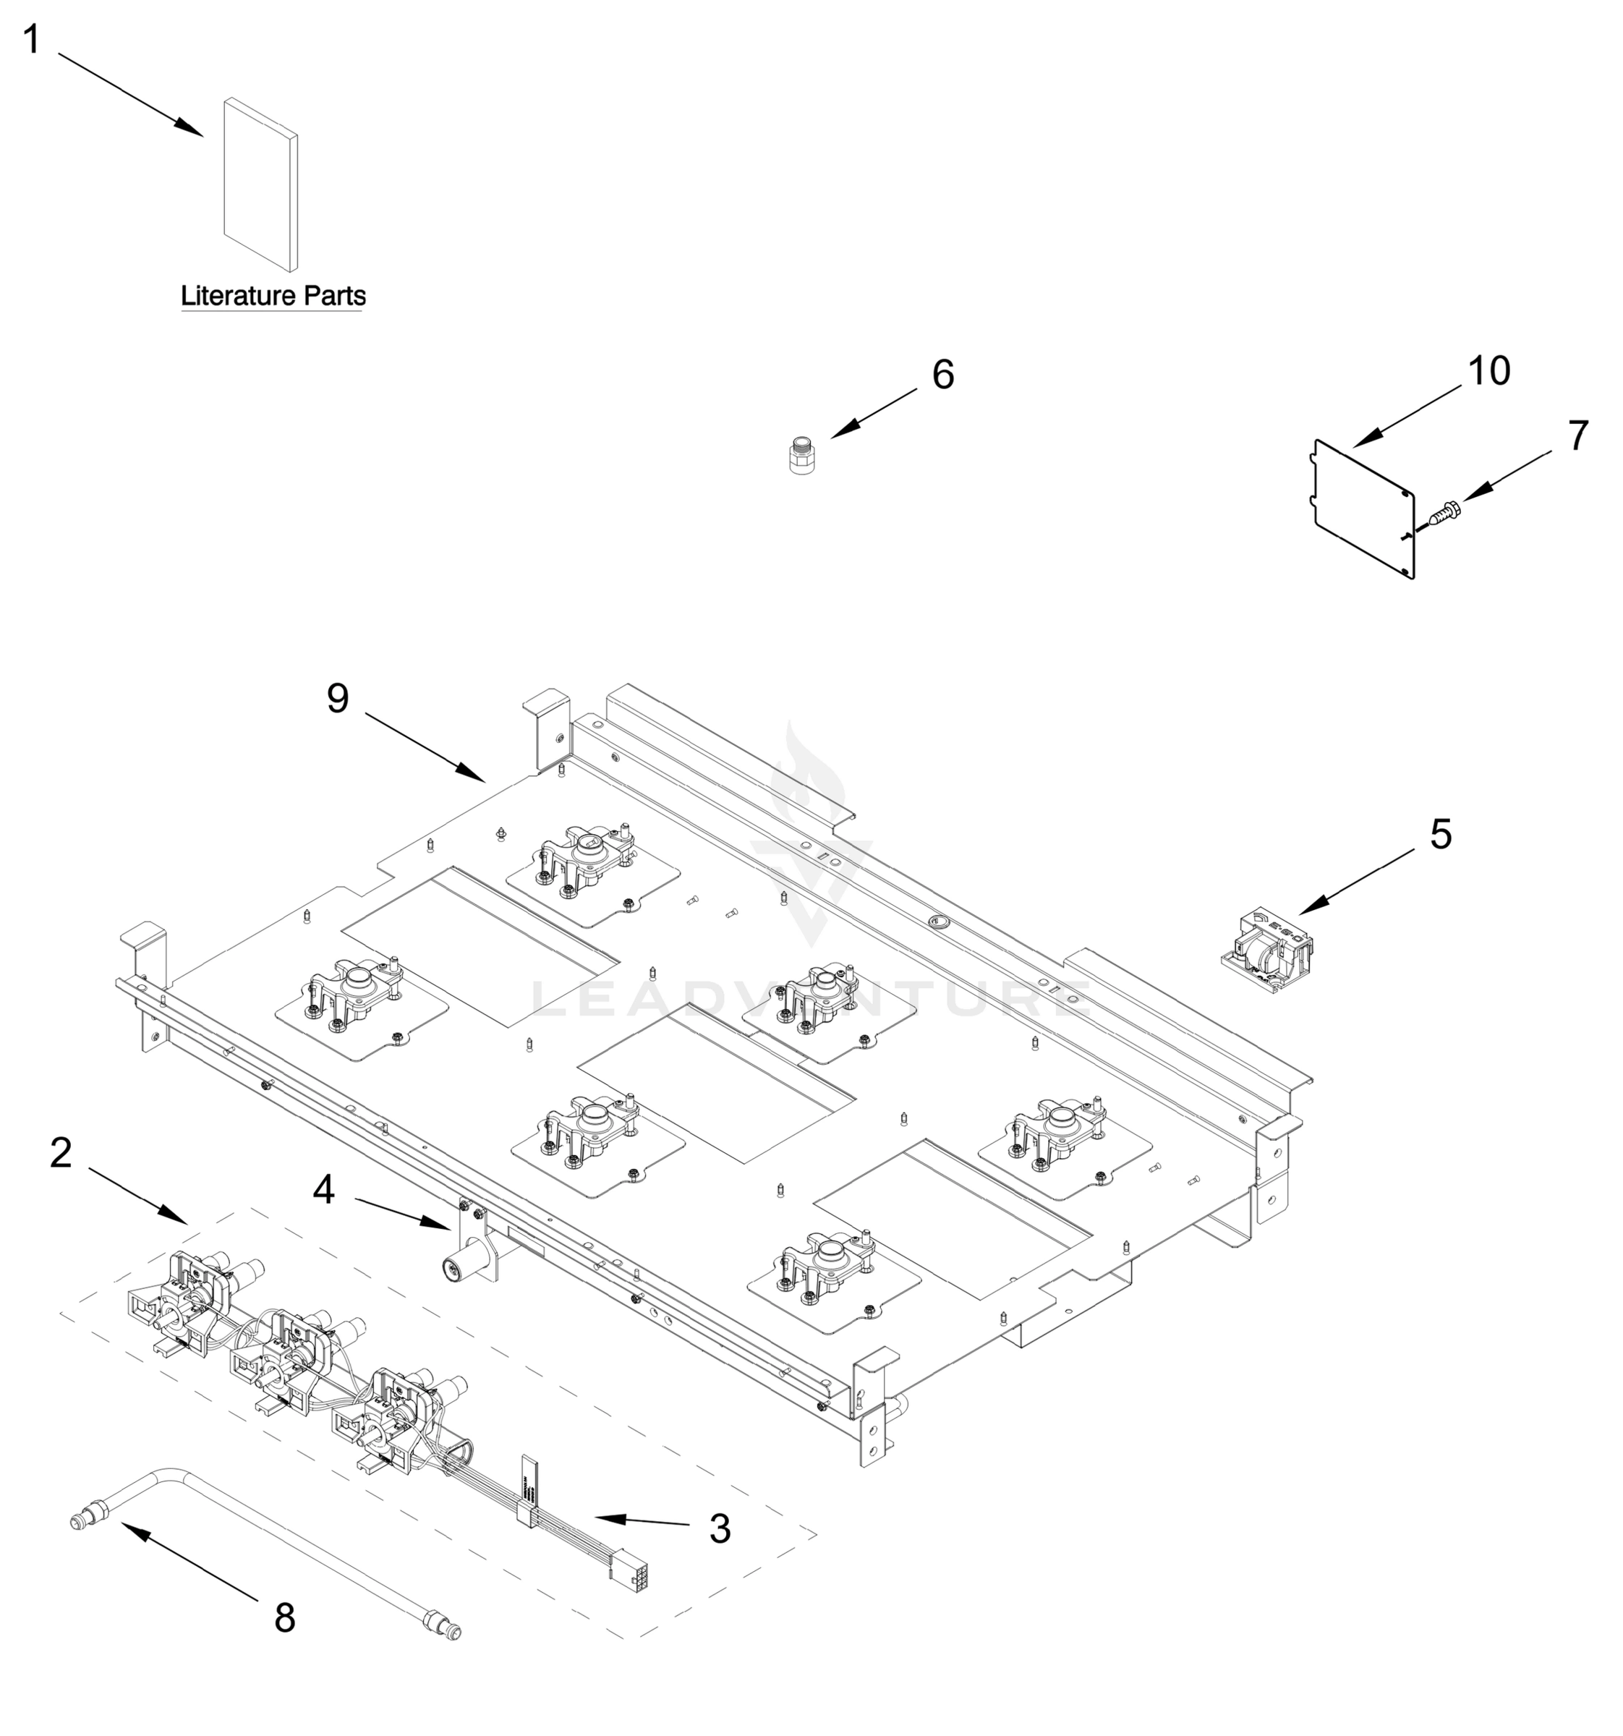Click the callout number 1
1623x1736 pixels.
tap(31, 41)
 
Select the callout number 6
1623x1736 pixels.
tap(943, 375)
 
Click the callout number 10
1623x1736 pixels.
tap(1489, 371)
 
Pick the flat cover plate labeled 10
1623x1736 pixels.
tap(1362, 507)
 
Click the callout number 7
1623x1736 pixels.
tap(1577, 437)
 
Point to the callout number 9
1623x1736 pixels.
tap(338, 698)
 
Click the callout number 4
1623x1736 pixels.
tap(323, 1189)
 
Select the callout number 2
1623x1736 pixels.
tap(60, 1154)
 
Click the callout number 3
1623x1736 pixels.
tap(720, 1528)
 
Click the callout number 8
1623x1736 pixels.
tap(285, 1618)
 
